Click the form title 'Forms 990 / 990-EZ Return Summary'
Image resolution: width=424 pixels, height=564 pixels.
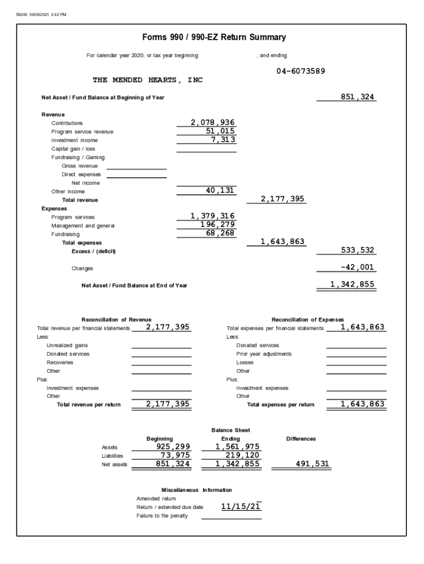214,37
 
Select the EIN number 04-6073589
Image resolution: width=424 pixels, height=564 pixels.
301,71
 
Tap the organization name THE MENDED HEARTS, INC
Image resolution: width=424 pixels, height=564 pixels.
148,80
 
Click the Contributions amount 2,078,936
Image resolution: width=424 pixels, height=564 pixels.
213,122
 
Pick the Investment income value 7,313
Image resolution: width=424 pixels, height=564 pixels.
223,139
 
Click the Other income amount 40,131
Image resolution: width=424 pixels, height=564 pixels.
220,191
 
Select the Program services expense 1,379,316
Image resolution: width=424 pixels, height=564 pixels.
213,216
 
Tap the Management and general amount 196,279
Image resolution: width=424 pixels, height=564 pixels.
218,225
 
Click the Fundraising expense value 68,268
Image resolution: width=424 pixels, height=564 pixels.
220,233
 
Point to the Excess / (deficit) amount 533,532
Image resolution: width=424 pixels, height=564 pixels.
357,251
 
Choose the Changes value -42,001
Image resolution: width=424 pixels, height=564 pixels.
357,268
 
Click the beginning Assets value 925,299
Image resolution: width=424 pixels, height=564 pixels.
173,447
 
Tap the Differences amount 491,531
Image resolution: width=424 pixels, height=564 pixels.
312,464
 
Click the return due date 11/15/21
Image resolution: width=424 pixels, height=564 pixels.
241,506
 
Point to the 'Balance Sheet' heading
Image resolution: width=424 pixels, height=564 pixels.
231,430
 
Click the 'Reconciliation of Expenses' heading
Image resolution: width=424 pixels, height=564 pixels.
308,319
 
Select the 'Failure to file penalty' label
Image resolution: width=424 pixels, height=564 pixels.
162,516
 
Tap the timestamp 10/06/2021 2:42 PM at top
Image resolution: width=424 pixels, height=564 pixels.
48,15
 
